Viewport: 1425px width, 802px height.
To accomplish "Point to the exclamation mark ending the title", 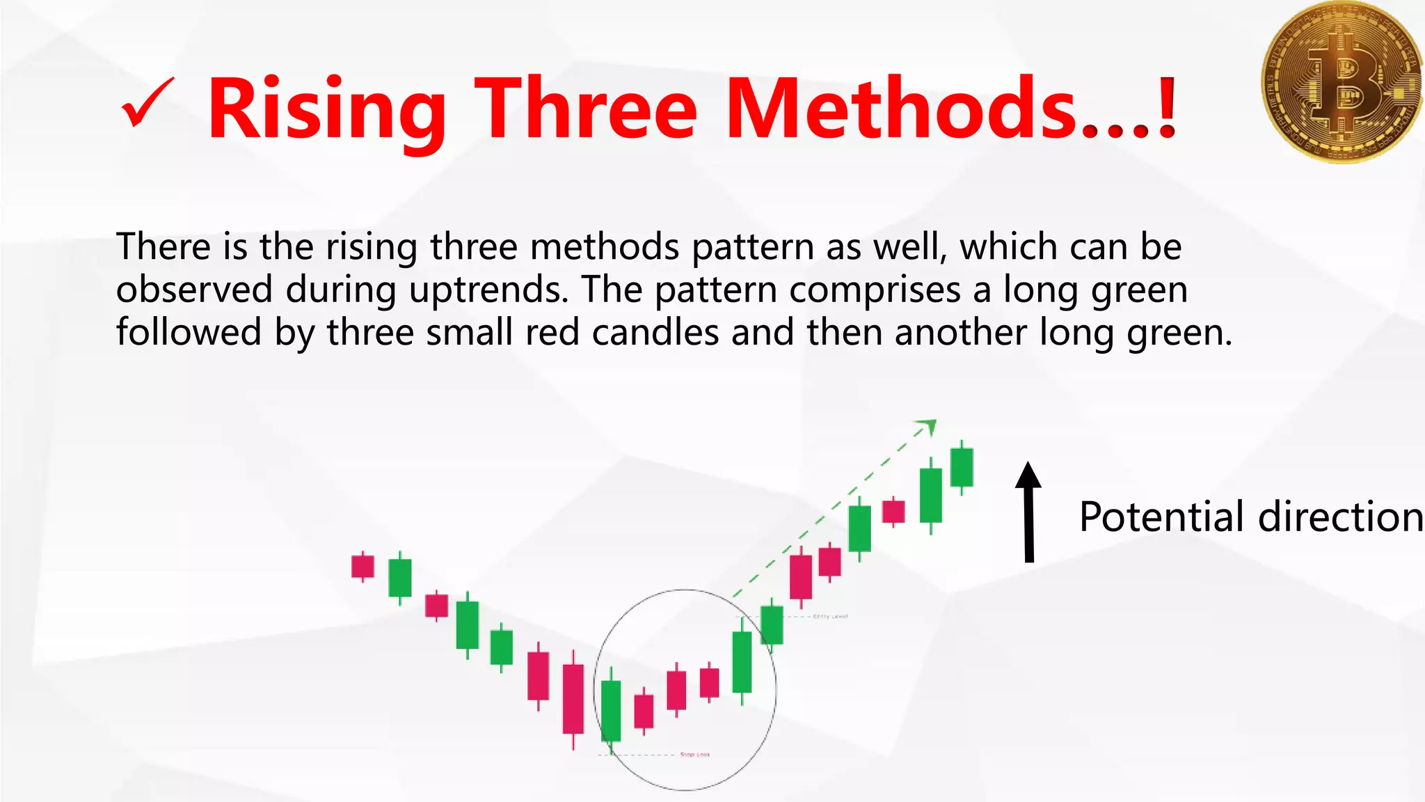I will coord(1167,109).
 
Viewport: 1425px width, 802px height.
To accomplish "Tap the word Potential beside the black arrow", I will coord(1161,517).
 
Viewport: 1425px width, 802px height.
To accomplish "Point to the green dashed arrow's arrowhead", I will coord(928,425).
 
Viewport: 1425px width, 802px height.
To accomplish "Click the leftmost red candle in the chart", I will coord(363,566).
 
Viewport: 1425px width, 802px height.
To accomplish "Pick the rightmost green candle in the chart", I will coord(962,467).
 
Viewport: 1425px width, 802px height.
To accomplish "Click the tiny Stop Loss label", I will coord(694,755).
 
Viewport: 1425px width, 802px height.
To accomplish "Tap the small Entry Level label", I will coord(830,617).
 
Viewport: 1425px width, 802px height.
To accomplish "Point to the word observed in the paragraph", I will coord(194,289).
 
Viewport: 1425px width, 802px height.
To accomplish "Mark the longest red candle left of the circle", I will coord(573,698).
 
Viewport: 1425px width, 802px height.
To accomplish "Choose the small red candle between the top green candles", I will coord(893,512).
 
